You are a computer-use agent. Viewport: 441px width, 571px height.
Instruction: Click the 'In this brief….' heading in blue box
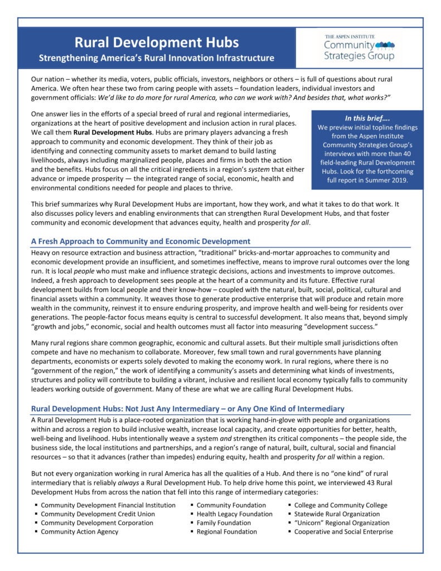(367, 118)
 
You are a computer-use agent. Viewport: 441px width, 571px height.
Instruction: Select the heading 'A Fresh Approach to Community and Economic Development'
(140, 241)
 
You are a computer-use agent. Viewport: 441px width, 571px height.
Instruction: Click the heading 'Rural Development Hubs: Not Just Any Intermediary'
(187, 409)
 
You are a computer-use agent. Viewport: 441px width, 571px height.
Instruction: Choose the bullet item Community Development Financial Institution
(108, 505)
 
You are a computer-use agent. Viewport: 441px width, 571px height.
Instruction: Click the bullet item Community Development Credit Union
(98, 514)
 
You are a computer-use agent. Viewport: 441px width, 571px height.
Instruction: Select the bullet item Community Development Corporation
(97, 523)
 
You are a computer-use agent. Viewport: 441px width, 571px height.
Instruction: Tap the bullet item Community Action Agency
(79, 532)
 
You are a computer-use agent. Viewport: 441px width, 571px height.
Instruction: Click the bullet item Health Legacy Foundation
(234, 514)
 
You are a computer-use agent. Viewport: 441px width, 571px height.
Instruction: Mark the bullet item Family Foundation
(224, 523)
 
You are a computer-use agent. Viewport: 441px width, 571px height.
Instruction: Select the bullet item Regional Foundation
(227, 532)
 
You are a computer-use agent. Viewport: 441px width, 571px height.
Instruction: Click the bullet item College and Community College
(341, 505)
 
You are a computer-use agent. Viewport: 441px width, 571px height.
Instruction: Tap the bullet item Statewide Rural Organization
(337, 514)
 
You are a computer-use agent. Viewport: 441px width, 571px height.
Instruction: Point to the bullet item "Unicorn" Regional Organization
(342, 523)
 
